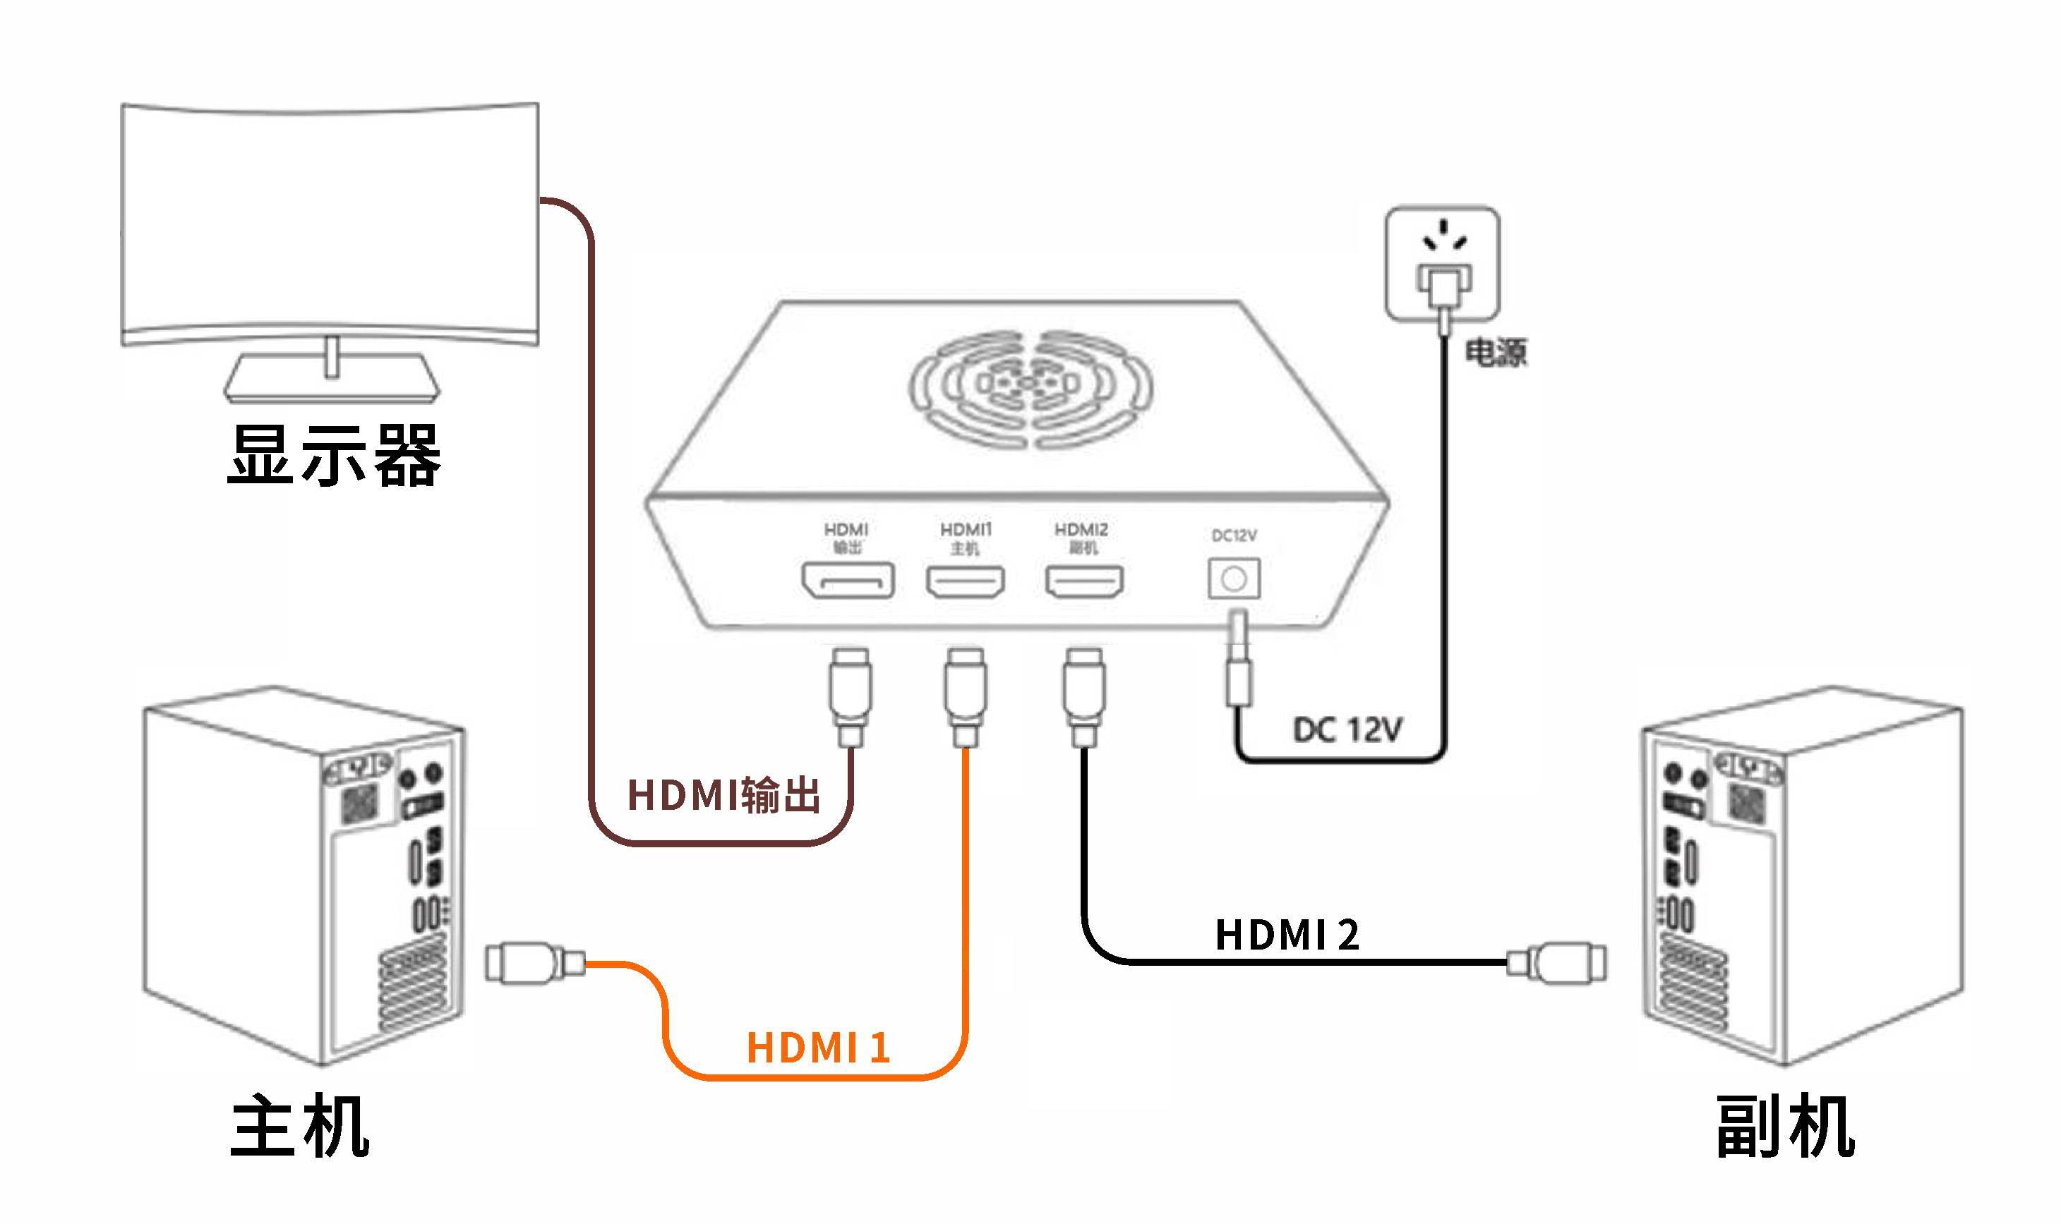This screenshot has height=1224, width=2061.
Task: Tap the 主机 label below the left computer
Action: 299,1127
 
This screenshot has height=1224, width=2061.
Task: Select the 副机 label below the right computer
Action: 1784,1127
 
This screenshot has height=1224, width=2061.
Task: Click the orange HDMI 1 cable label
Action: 817,1048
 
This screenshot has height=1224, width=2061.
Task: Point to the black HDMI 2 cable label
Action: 1287,935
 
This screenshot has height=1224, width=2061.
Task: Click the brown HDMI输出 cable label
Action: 723,796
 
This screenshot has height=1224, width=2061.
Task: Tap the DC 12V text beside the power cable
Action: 1347,730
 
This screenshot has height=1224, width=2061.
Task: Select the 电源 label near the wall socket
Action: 1495,352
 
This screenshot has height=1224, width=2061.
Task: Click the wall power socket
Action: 1442,262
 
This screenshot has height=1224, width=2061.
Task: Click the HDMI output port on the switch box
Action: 847,581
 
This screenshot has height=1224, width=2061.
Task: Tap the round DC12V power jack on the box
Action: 1234,579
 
